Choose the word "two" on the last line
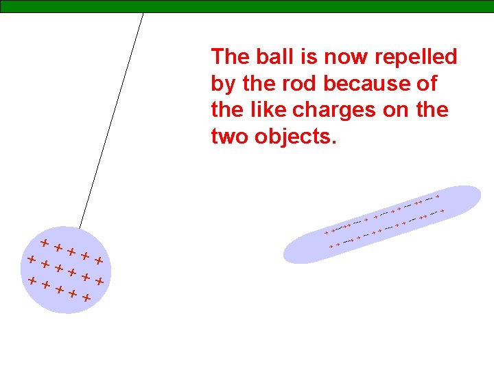230,136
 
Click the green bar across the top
274,6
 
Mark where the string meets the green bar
143,13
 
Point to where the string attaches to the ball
80,228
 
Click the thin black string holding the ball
112,120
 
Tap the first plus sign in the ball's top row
44,243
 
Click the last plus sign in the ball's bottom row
86,298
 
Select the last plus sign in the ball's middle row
100,281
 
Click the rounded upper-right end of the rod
473,195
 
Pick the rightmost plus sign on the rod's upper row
437,197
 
